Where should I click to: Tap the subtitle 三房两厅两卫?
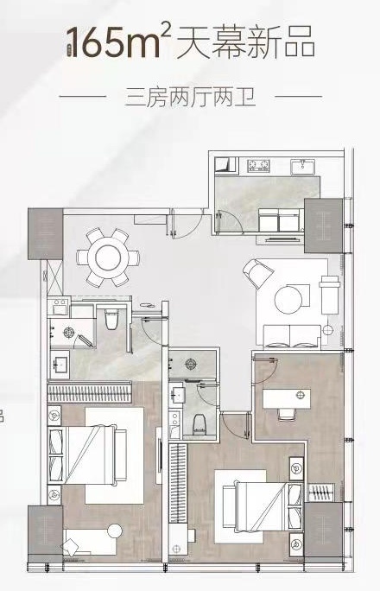190,97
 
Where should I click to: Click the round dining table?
108,257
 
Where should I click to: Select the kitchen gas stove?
259,165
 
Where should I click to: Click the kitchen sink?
303,166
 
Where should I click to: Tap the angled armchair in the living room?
257,272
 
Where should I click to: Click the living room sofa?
292,335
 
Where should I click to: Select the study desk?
287,399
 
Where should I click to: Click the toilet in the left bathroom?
111,319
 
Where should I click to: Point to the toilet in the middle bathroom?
199,423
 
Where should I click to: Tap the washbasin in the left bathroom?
60,362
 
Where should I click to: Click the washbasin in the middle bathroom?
176,393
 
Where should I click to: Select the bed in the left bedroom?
88,455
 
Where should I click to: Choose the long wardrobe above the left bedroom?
89,393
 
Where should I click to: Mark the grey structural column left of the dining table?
46,233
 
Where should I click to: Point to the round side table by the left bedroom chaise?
115,531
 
